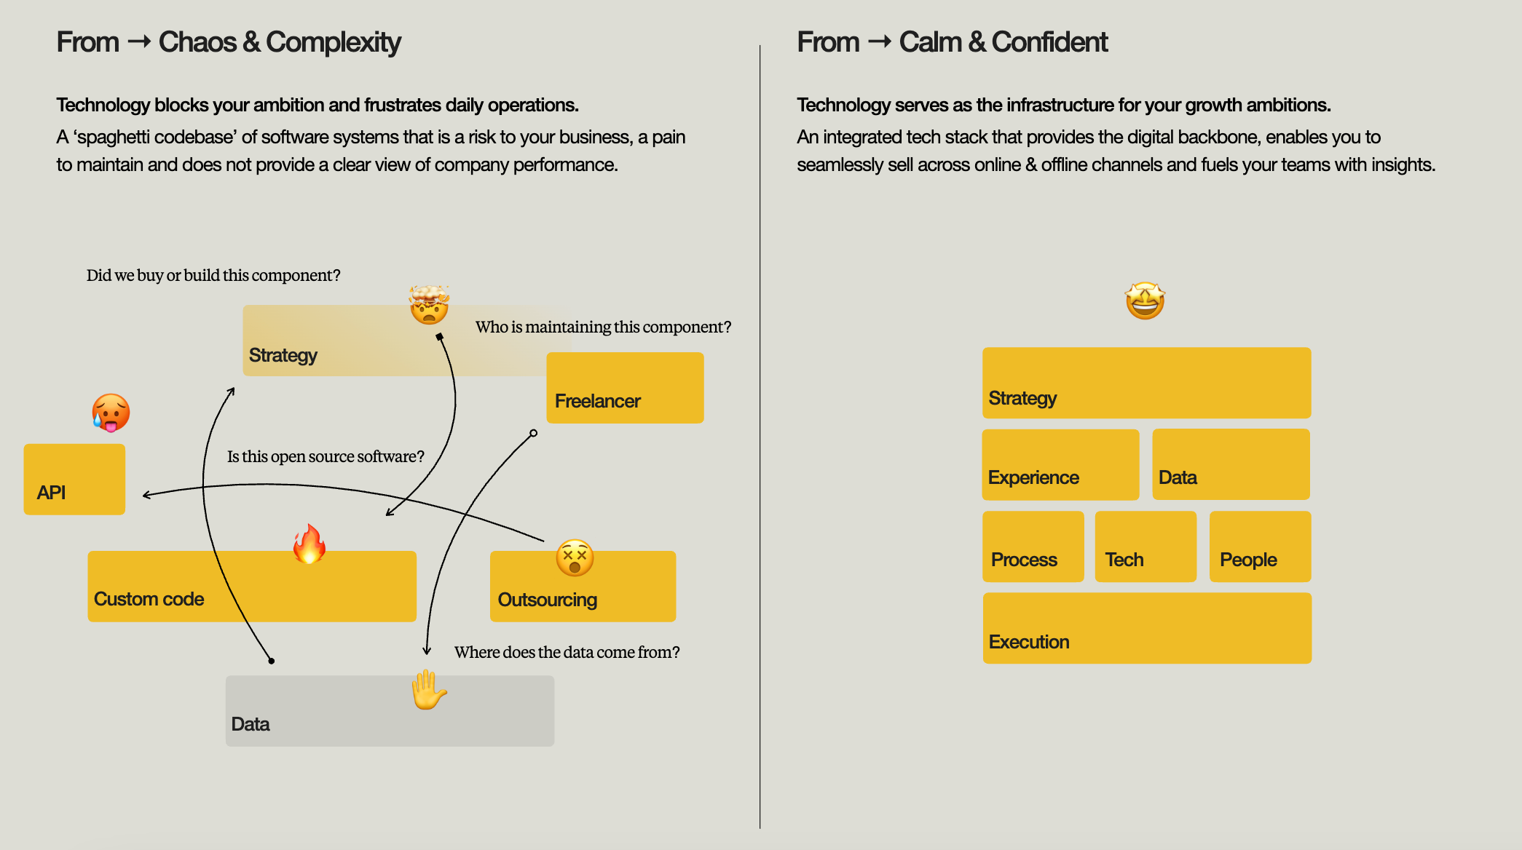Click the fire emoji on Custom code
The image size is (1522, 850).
pos(309,544)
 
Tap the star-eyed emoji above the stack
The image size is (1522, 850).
pos(1145,301)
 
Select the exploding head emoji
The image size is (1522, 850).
pos(429,304)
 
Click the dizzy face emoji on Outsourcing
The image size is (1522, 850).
pos(575,558)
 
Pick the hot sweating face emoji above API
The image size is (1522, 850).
pos(111,413)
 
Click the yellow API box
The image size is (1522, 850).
pos(74,479)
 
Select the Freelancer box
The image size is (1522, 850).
pos(625,387)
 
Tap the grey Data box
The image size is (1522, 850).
pos(390,711)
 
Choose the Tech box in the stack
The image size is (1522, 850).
pos(1146,547)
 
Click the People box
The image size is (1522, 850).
pos(1260,547)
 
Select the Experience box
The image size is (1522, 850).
pos(1060,464)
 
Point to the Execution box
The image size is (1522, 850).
pos(1147,628)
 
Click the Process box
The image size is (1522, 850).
pos(1033,547)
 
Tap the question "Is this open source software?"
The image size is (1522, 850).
pos(326,456)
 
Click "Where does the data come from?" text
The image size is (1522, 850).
pos(567,652)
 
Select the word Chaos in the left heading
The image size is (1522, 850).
pos(197,42)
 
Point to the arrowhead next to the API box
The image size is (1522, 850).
pos(145,496)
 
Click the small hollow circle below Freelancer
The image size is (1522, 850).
pos(534,433)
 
